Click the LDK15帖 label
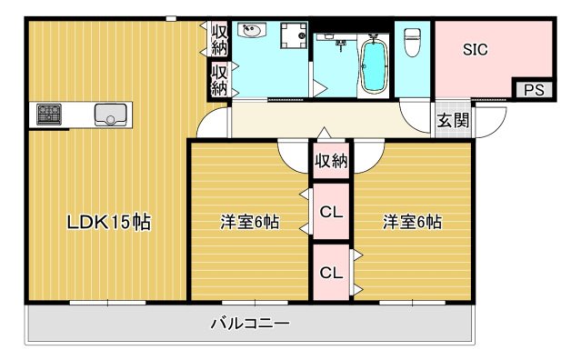coord(107,221)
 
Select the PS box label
coord(534,89)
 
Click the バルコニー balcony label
coord(249,323)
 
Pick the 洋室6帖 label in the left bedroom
coord(249,222)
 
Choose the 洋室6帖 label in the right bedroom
coord(412,222)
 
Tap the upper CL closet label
coord(331,214)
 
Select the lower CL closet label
coord(331,271)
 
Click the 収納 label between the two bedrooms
coord(331,162)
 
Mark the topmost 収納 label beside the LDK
coord(219,40)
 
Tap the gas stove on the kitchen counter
coord(49,115)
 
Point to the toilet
coord(412,42)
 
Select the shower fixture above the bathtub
coord(343,42)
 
